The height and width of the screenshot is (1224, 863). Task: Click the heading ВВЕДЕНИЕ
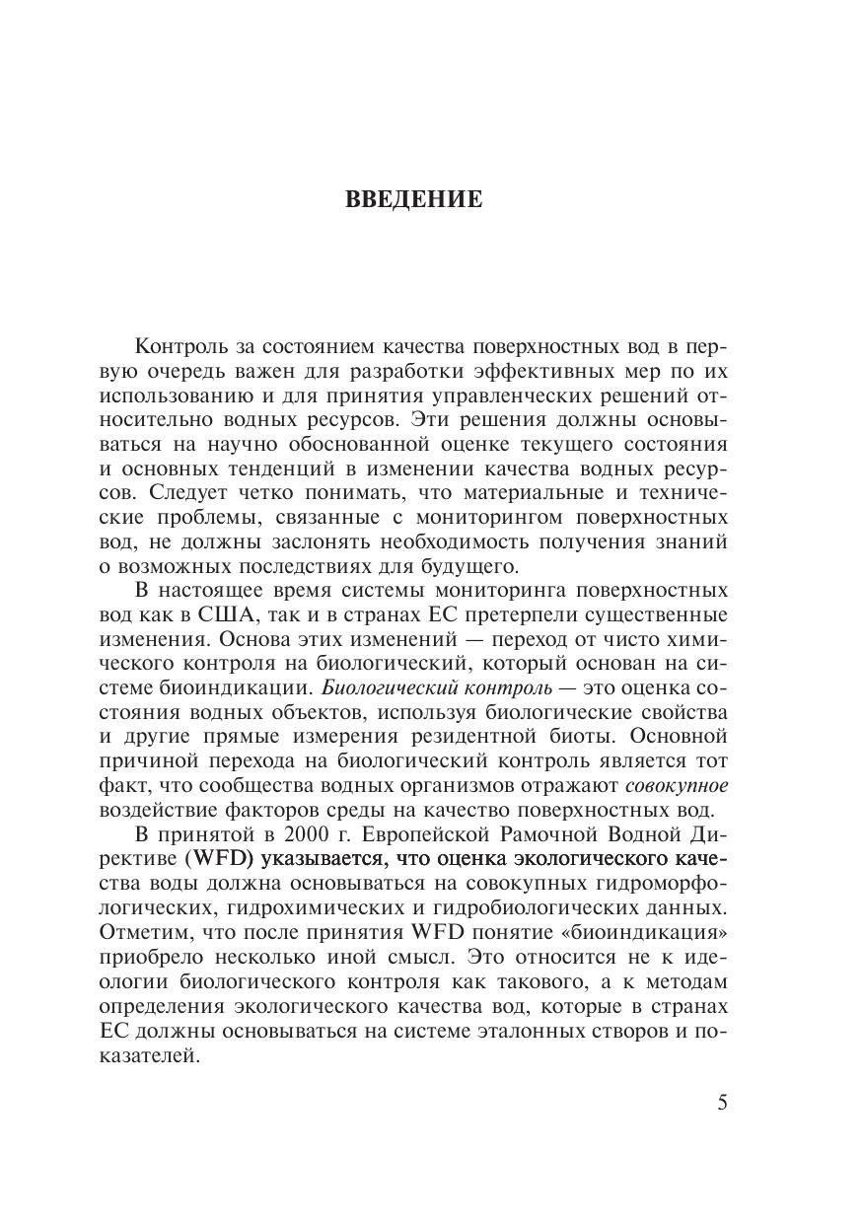tap(414, 200)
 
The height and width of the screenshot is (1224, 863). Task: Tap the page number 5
tap(723, 1102)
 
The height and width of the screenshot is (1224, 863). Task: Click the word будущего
tap(470, 565)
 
